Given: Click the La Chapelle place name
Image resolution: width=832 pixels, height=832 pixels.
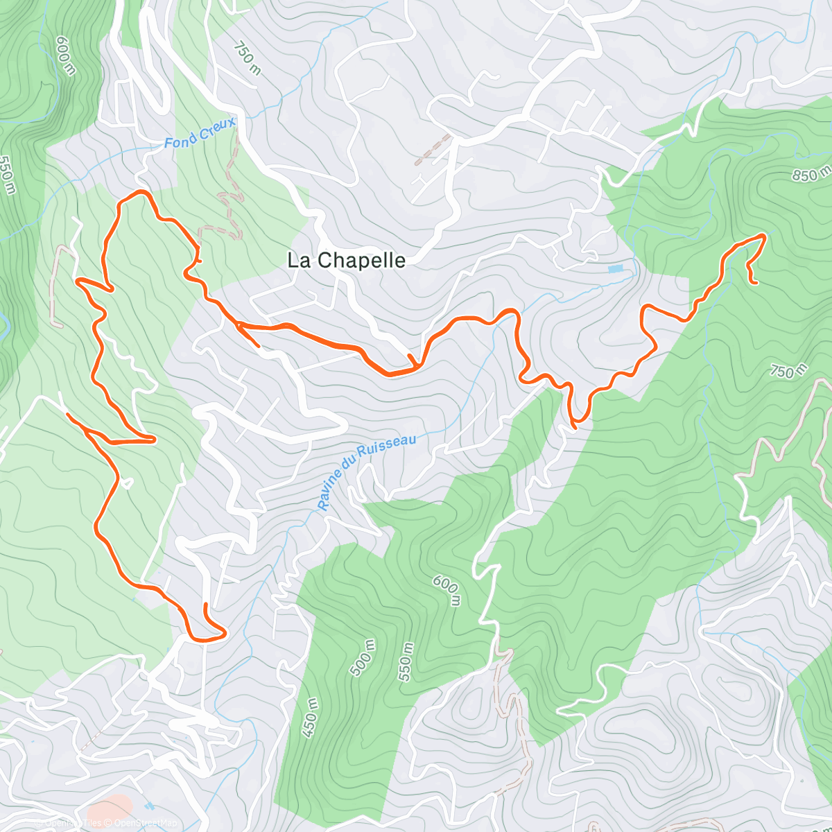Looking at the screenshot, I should [x=346, y=261].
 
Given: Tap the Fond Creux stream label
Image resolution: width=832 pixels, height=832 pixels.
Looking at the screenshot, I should [x=200, y=133].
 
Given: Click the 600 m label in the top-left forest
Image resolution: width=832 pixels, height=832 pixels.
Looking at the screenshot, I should [x=65, y=55].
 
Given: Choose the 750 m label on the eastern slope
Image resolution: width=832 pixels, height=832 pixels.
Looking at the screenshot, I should [x=788, y=371].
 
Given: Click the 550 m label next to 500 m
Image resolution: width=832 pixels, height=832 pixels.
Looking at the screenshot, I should [x=406, y=662].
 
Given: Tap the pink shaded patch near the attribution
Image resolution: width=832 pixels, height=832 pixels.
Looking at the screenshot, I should [x=110, y=808].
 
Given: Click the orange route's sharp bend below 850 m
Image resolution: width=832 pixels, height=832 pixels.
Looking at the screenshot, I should [x=763, y=236].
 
